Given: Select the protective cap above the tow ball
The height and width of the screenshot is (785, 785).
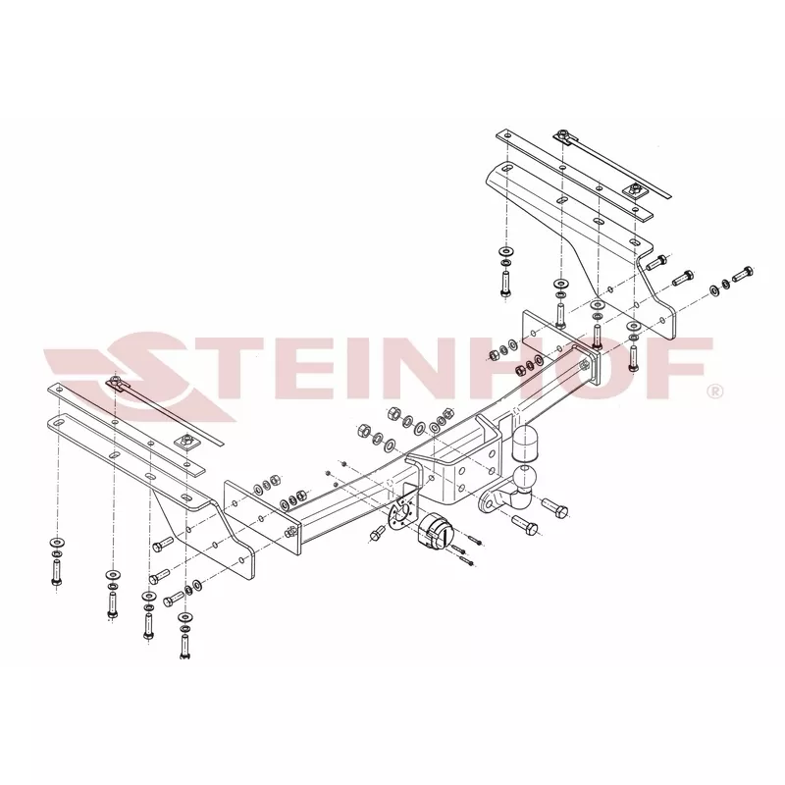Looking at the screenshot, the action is pos(525,444).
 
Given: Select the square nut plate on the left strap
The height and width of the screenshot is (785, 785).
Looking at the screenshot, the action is pos(185,442).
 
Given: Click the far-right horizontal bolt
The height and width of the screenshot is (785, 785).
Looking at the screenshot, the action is pos(743,274).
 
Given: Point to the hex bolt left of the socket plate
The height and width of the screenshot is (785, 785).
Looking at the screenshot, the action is pos(376,535).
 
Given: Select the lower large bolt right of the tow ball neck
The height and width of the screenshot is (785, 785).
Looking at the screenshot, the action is pos(525,525).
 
